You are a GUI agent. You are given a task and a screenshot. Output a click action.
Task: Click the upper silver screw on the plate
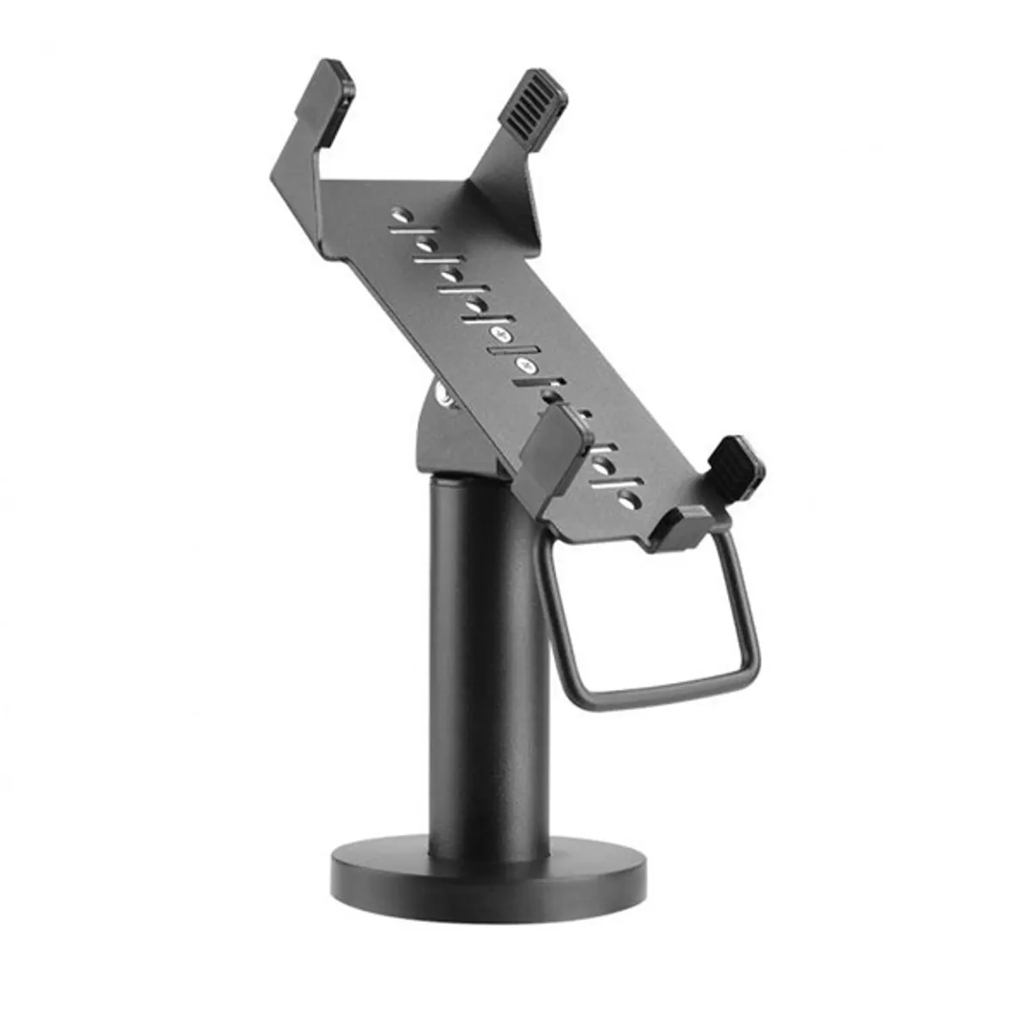(x=499, y=333)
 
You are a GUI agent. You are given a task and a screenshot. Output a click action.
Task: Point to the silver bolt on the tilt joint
(x=445, y=395)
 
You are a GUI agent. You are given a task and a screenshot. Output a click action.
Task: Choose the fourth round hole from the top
(x=474, y=304)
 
